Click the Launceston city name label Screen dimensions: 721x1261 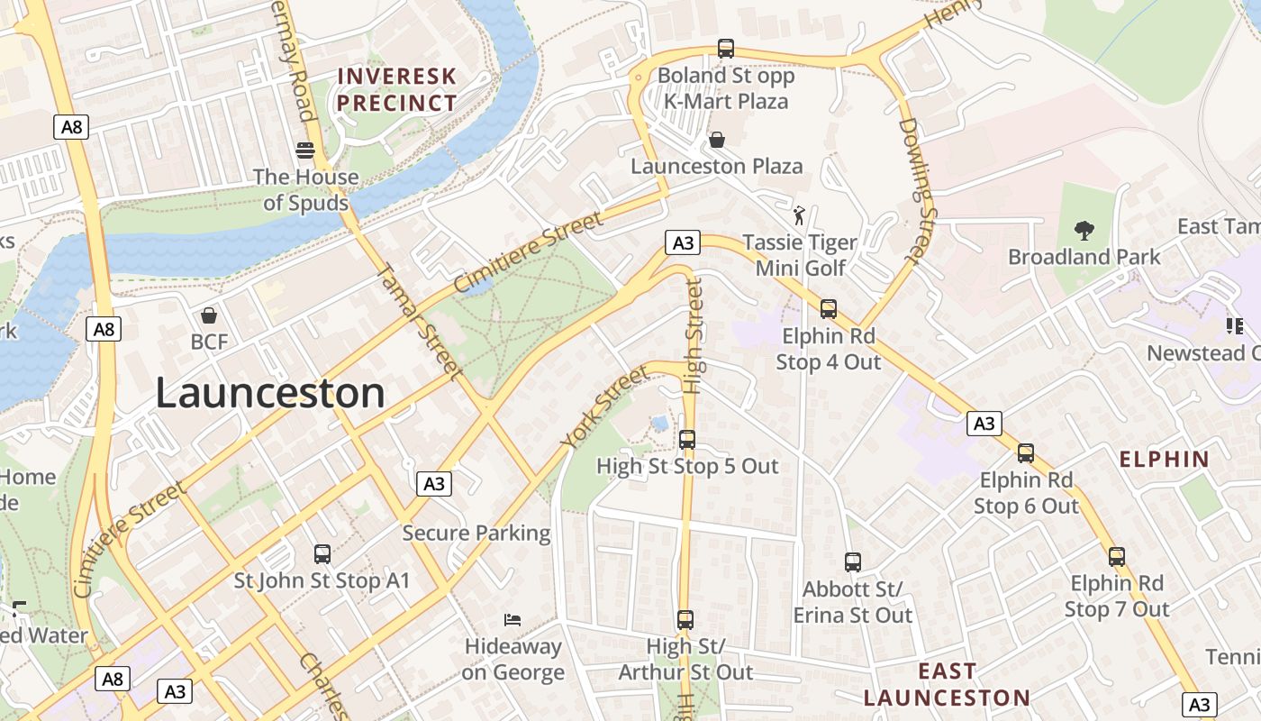[270, 394]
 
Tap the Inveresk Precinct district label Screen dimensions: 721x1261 [397, 89]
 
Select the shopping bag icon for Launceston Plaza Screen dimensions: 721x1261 [717, 140]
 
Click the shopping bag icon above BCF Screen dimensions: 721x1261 [209, 315]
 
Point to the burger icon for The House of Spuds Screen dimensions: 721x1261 [305, 150]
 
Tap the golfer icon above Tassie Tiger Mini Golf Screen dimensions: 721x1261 [799, 215]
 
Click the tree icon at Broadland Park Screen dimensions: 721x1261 [1084, 231]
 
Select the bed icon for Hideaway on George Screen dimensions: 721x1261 [513, 620]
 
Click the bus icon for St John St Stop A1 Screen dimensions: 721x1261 [322, 554]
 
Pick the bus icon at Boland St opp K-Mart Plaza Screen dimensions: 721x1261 [725, 49]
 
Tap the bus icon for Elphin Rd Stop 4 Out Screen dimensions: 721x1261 [828, 309]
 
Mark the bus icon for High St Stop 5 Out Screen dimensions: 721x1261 [687, 440]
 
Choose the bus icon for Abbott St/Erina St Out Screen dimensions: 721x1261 [852, 562]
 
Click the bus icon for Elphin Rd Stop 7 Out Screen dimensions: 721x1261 [1116, 557]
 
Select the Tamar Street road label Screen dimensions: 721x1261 [418, 320]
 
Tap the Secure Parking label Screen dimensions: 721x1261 [476, 533]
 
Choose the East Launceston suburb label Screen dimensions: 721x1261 [947, 684]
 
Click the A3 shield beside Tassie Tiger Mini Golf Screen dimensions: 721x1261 [683, 242]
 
